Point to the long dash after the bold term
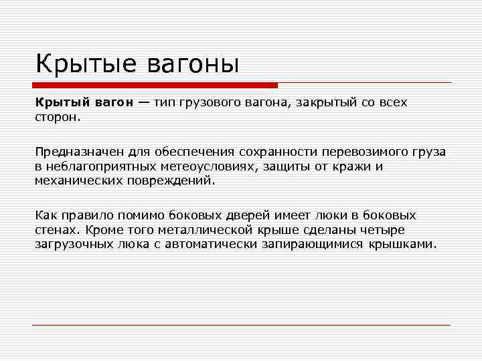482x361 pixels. coord(145,103)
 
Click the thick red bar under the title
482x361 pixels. coord(155,85)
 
